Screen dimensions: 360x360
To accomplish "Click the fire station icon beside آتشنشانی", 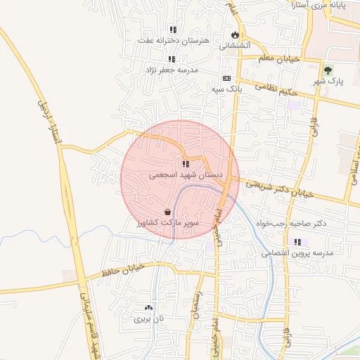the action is pyautogui.click(x=235, y=34).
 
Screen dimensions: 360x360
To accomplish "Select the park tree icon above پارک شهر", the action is pyautogui.click(x=328, y=70).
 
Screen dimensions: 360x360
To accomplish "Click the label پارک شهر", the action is pyautogui.click(x=328, y=82).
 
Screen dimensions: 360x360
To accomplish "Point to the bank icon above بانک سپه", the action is pyautogui.click(x=226, y=79).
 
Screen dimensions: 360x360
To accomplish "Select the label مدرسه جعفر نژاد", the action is pyautogui.click(x=172, y=70).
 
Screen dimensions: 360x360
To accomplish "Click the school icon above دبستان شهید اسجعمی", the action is pyautogui.click(x=186, y=164).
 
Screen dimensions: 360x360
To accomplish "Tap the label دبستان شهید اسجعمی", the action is pyautogui.click(x=186, y=174).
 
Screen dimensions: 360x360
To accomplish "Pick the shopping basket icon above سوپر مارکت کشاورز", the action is pyautogui.click(x=168, y=212).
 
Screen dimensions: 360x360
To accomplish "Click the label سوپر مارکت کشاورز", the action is pyautogui.click(x=168, y=223).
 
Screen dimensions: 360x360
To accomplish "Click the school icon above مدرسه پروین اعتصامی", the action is pyautogui.click(x=297, y=242).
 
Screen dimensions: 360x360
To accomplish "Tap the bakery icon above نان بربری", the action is pyautogui.click(x=148, y=307).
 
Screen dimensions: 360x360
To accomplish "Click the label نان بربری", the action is pyautogui.click(x=148, y=319).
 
